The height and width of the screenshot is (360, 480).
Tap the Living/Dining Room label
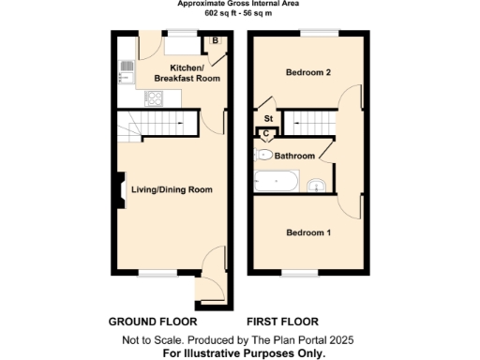[172, 189]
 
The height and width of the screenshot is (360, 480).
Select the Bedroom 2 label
[307, 71]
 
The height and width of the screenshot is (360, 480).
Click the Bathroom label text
[293, 156]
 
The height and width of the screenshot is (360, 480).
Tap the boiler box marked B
[215, 41]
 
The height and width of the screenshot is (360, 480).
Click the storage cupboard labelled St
[267, 119]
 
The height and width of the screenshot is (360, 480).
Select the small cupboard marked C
[265, 133]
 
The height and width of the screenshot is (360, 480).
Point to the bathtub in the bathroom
[277, 180]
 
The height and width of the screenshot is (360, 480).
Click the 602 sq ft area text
[238, 12]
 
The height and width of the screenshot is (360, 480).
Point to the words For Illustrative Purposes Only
[244, 353]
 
